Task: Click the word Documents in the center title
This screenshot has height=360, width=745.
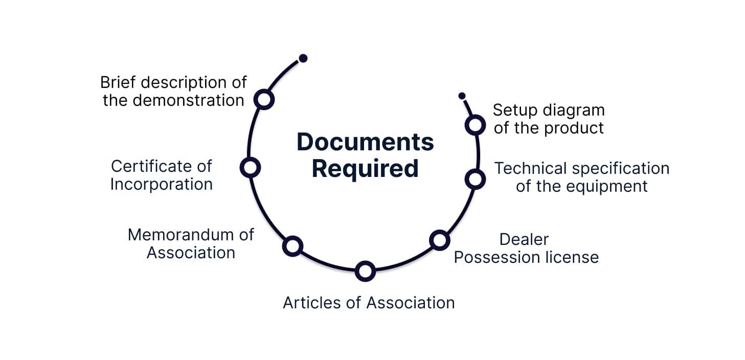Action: click(365, 142)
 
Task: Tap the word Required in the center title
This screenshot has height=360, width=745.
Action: click(365, 169)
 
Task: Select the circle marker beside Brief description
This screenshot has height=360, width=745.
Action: click(264, 99)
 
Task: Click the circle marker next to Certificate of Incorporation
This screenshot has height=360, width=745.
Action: click(250, 167)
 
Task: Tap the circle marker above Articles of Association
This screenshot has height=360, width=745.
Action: click(365, 271)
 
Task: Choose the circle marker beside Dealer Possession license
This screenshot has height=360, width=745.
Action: click(439, 239)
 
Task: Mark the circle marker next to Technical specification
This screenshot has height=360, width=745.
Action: click(475, 178)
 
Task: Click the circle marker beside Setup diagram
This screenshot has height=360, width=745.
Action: click(475, 125)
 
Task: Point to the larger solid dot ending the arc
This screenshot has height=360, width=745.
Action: click(303, 58)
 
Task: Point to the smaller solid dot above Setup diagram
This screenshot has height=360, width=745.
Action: click(462, 96)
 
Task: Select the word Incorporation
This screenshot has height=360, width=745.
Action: click(161, 184)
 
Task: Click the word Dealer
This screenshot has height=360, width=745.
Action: click(524, 239)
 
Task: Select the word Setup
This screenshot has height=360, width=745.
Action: click(514, 110)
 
